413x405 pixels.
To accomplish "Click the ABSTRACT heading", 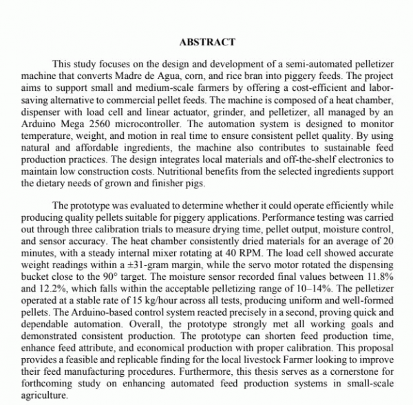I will [206, 42].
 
